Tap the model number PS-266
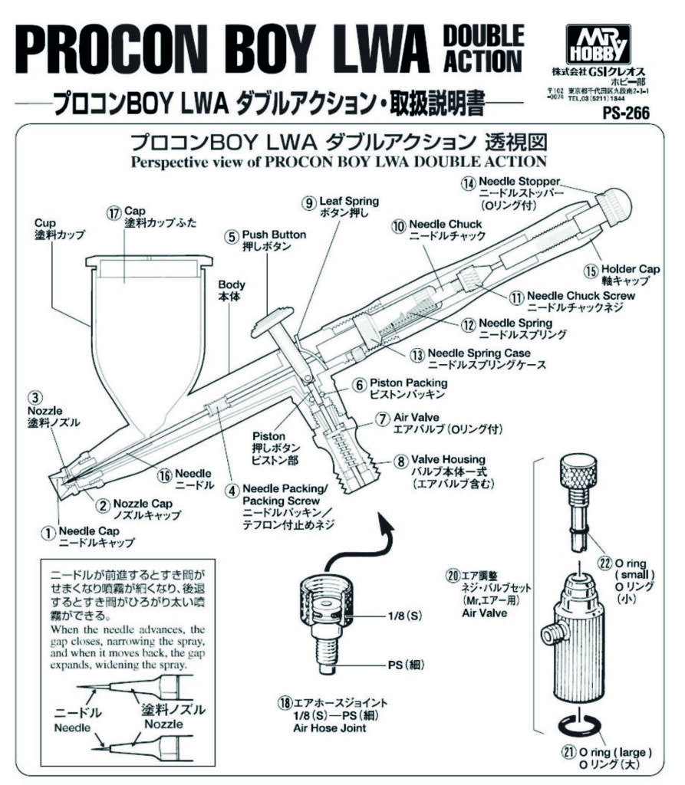click(626, 113)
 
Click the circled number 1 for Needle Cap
click(48, 530)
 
